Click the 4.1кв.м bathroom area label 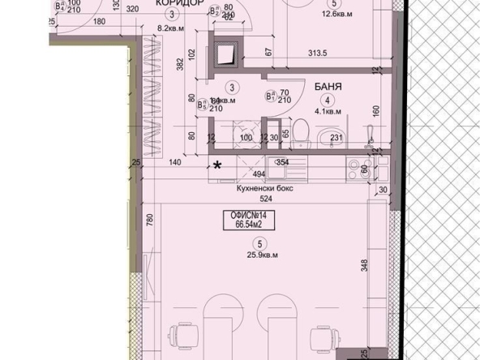pyautogui.click(x=328, y=111)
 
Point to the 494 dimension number pyautogui.click(x=259, y=174)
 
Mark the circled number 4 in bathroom pyautogui.click(x=329, y=98)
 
